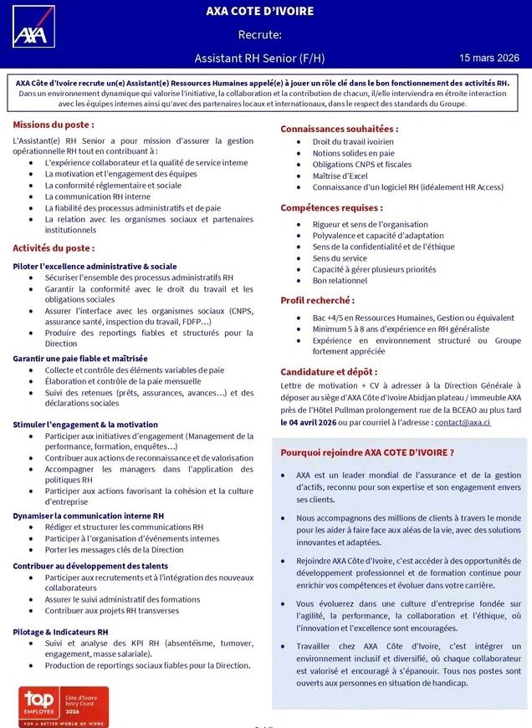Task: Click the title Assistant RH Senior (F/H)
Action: point(259,59)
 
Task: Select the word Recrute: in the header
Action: point(259,35)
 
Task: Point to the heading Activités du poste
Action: point(54,248)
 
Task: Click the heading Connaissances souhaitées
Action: point(339,129)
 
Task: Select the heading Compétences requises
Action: point(331,207)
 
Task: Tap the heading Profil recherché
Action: point(317,300)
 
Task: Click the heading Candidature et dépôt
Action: point(329,371)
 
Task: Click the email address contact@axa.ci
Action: point(463,423)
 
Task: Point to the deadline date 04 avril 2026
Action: point(313,423)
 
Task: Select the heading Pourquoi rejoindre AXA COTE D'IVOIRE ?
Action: point(367,452)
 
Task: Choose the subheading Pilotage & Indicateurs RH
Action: point(60,632)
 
